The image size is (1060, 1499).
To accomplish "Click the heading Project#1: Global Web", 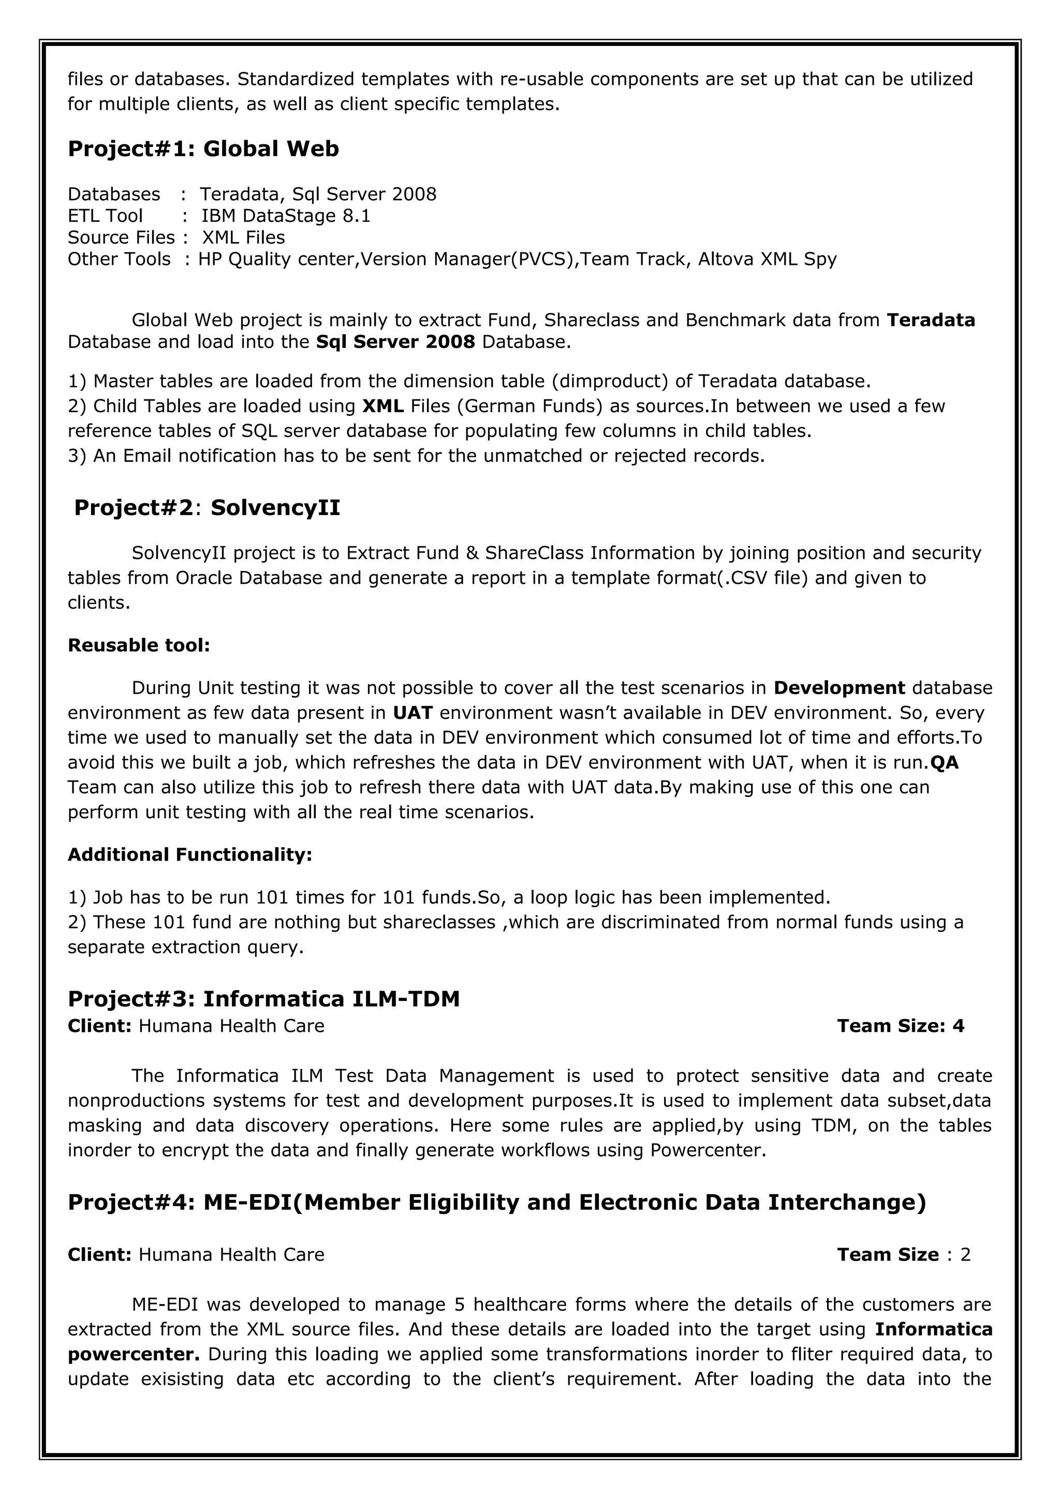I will click(203, 149).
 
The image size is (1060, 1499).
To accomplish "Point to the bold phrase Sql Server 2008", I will click(395, 342).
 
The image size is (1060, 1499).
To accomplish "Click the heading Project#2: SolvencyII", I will click(207, 508).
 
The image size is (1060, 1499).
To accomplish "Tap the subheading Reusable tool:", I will click(139, 646).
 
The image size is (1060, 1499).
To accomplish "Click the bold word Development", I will click(838, 688).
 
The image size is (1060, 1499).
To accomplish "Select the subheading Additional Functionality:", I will click(189, 855).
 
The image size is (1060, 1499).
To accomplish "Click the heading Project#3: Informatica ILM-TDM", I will click(264, 999).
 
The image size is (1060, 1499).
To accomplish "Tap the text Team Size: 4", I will click(900, 1026).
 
